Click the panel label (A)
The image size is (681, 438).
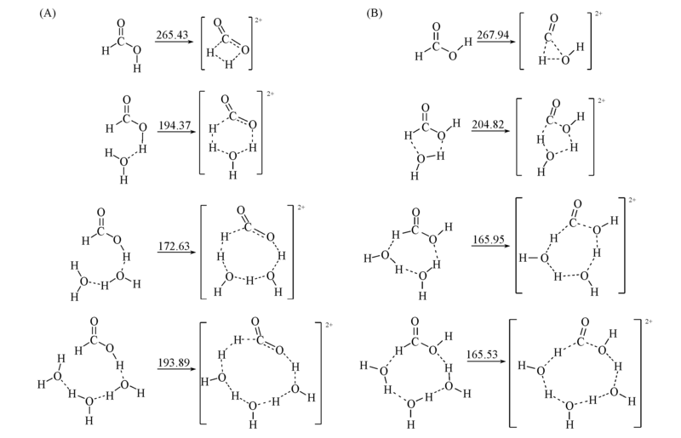coord(48,14)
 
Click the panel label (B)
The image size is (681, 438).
coord(375,14)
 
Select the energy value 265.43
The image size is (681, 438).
coord(172,34)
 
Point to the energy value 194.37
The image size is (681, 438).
coord(175,125)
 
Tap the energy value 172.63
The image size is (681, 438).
coord(174,246)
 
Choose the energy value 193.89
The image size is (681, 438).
coord(174,362)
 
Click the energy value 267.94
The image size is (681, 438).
coord(493,34)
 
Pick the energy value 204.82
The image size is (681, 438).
coord(488,124)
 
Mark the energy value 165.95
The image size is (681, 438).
coord(488,239)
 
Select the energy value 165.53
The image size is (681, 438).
coord(483,354)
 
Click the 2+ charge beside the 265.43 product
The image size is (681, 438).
coord(259,20)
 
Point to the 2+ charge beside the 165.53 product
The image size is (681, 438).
coord(649,321)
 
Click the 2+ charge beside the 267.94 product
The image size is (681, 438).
coord(598,14)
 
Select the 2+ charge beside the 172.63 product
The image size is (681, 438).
coord(301,208)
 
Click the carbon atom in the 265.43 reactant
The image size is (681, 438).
coord(121,40)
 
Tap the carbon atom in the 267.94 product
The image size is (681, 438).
coord(548,37)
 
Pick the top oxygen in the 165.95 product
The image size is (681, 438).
coord(577,204)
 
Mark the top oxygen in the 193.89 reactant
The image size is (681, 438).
coord(94,321)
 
